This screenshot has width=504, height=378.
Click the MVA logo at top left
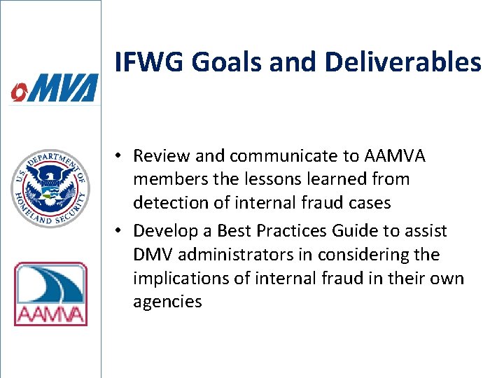54,90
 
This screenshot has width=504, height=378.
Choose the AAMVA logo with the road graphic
50,294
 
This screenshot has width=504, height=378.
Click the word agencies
167,302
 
